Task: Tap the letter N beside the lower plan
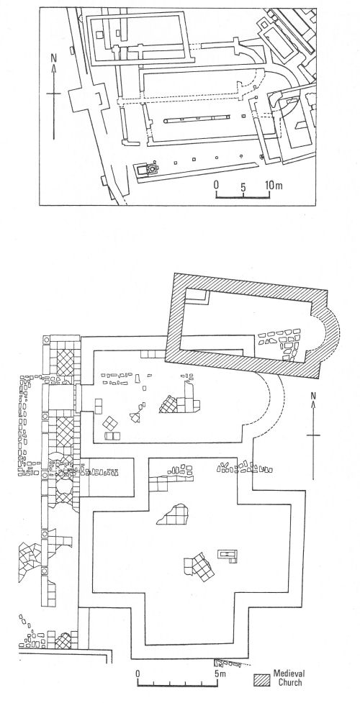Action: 313,395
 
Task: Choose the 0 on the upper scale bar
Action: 216,185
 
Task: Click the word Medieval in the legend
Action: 289,673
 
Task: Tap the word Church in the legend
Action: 289,683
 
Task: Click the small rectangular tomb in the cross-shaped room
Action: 228,555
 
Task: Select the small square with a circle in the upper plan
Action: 152,169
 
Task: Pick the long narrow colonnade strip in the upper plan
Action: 197,120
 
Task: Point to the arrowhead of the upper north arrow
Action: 54,68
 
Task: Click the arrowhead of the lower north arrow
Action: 313,404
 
